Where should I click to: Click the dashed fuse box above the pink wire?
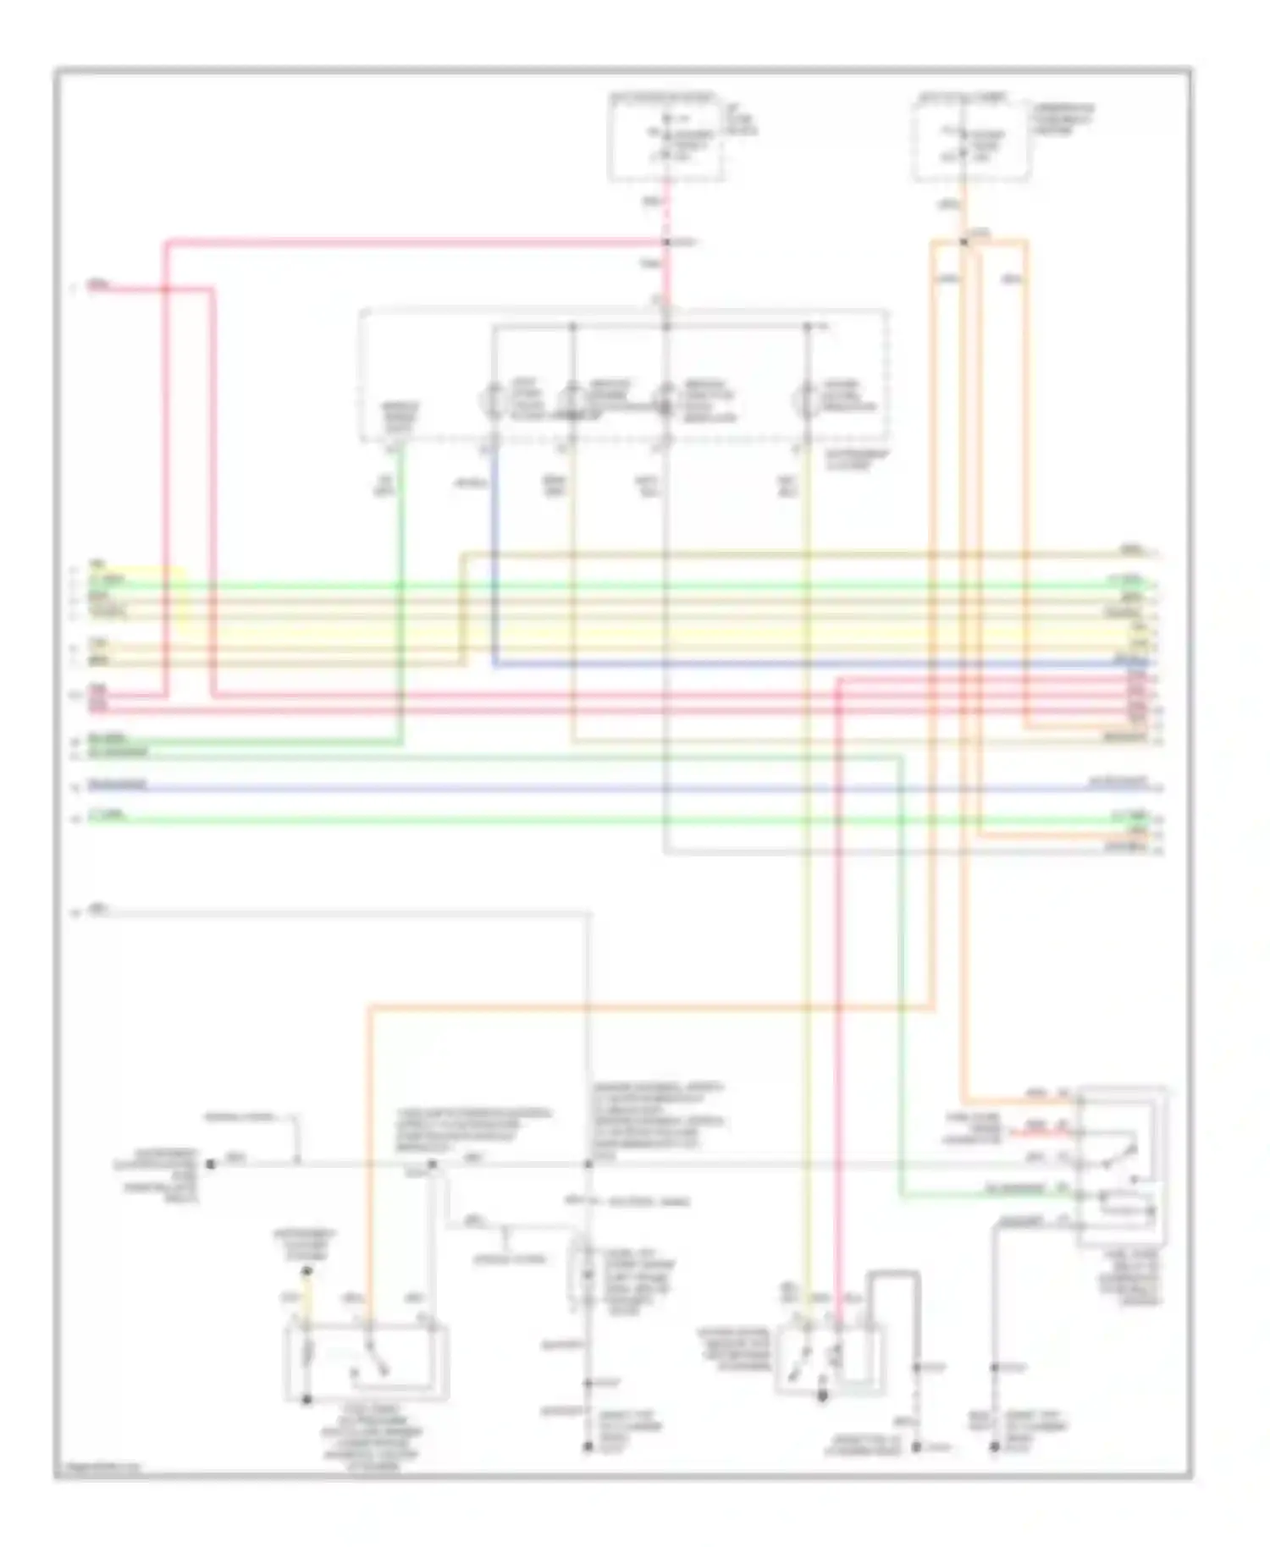coord(666,138)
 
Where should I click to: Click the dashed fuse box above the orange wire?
coord(971,138)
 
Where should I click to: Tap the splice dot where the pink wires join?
coord(666,243)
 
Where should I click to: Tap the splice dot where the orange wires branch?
coord(964,242)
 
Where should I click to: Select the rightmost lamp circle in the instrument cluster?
coord(806,399)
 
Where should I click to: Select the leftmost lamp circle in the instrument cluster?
coord(494,399)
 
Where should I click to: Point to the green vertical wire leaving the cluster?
coord(400,592)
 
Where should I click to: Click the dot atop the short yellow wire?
coord(307,1271)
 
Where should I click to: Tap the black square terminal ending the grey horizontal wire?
coord(211,1164)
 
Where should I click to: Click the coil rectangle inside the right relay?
coord(1126,1203)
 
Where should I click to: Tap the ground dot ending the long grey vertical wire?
coord(588,1447)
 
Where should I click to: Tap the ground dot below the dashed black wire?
coord(916,1447)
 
